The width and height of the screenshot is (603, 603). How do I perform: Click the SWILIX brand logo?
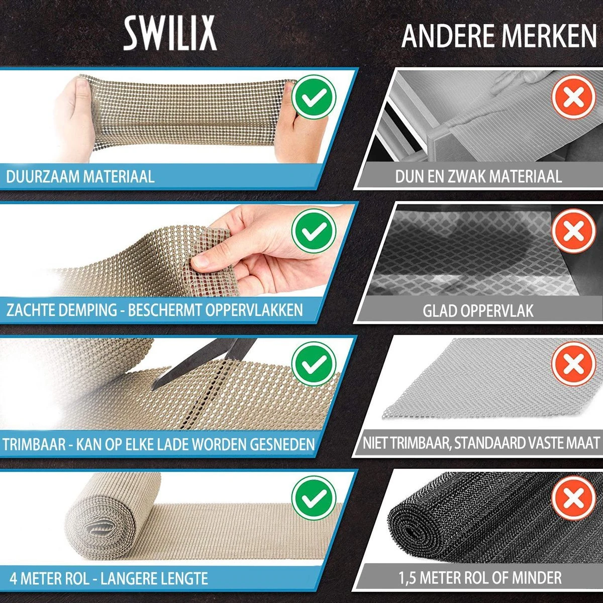170,33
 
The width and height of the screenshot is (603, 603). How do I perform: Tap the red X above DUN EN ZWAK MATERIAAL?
574,97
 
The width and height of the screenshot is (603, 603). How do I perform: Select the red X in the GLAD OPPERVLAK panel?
574,231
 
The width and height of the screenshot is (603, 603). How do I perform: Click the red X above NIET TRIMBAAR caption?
574,364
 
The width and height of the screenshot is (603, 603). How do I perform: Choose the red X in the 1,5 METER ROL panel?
574,497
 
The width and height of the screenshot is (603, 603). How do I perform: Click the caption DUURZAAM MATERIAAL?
80,177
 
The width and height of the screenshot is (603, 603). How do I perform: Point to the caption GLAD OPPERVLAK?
478,311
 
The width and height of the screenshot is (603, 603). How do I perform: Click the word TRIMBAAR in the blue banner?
34,444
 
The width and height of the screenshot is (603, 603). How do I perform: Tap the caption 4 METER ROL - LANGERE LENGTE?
108,578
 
